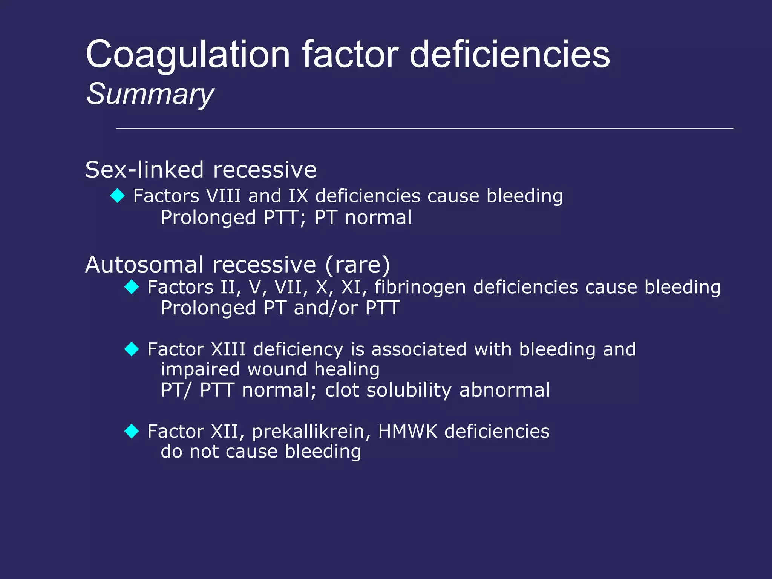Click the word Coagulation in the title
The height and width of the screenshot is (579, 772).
[188, 55]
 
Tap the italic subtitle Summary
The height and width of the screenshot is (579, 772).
[150, 94]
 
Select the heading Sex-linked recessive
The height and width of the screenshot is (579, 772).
[201, 170]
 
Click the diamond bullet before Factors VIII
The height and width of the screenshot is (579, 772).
[118, 196]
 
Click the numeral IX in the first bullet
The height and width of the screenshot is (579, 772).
[298, 196]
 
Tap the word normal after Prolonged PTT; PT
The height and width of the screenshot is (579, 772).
[378, 218]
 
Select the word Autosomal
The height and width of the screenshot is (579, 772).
[144, 265]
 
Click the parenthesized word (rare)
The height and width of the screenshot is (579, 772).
[357, 265]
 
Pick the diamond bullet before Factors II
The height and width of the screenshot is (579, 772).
[132, 287]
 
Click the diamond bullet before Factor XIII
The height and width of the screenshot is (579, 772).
[132, 349]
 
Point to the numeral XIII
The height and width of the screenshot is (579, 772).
[228, 349]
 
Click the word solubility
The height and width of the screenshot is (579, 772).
[409, 390]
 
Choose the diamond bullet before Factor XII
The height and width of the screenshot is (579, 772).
[132, 431]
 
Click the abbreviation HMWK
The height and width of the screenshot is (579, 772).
[407, 431]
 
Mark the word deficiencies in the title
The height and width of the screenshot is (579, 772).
[510, 55]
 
